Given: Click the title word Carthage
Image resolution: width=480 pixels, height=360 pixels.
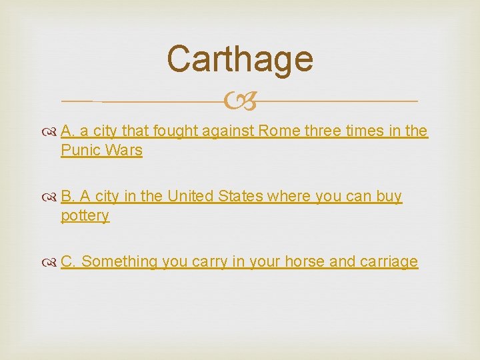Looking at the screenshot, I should pos(239,59).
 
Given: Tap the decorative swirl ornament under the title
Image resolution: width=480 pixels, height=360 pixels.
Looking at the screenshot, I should pos(239,101).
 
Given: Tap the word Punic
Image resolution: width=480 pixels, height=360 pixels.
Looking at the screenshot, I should pos(79,150).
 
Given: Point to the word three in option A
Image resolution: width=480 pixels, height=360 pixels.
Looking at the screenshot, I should pos(323,131).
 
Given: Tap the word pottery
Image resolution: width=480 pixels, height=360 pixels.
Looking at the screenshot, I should pos(85,216).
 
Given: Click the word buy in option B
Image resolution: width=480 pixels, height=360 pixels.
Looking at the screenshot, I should pos(389,197).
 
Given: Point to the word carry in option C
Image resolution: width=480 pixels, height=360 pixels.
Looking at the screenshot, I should pos(209,262).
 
